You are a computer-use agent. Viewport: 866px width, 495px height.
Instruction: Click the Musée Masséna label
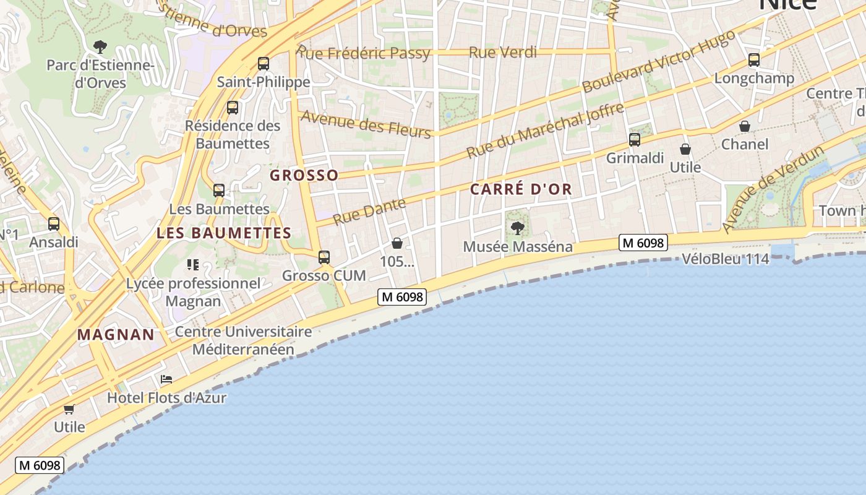coord(518,247)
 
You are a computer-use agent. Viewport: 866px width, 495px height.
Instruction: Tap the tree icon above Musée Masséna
coord(518,228)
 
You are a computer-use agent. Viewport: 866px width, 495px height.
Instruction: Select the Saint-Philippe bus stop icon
coord(264,63)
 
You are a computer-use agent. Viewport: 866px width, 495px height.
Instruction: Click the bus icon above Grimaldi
coord(635,139)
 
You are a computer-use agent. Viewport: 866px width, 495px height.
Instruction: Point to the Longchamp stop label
coord(754,79)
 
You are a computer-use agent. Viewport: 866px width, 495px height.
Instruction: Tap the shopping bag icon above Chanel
coord(745,126)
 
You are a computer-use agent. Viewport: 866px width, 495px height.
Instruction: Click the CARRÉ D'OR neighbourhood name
coord(521,189)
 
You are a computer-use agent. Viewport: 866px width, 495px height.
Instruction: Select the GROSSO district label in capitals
coord(304,175)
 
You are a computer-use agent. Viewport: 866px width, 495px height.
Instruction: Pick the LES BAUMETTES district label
coord(224,233)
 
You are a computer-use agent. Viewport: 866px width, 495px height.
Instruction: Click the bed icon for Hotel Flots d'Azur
coord(166,379)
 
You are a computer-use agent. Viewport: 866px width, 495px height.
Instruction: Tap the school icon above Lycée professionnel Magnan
coord(193,265)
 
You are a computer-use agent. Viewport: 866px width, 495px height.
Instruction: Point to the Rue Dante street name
coord(369,211)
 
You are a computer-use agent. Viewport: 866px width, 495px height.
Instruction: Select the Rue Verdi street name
coord(503,53)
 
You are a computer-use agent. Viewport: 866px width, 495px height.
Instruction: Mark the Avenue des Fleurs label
coord(366,124)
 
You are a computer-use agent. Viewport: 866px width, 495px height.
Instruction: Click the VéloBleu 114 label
coord(726,259)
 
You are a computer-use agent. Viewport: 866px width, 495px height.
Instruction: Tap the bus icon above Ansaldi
coord(54,224)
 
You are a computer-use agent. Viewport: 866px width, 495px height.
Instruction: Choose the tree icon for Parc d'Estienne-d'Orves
coord(100,46)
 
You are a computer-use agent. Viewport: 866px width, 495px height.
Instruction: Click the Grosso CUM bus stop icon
coord(324,257)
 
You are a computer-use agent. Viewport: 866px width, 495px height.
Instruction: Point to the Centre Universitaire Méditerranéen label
coord(243,340)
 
